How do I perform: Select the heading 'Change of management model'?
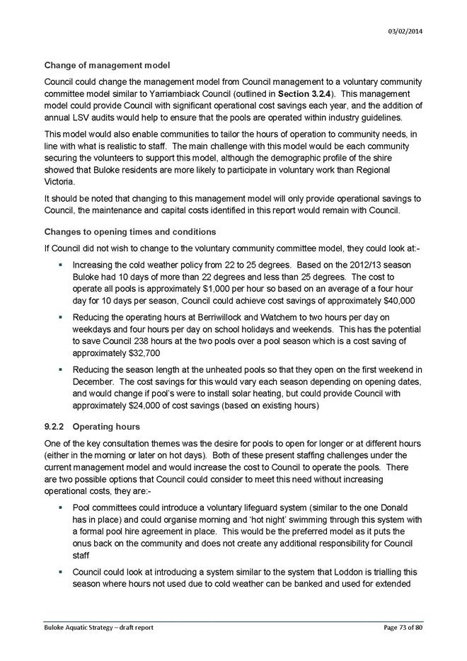pyautogui.click(x=107, y=66)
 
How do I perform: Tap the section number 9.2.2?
pyautogui.click(x=56, y=427)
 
